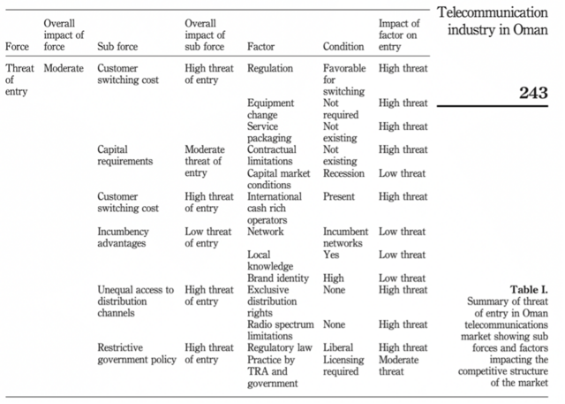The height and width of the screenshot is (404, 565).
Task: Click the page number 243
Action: click(533, 93)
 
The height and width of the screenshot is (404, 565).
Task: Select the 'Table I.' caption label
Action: click(529, 290)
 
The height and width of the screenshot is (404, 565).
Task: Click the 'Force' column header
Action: click(17, 47)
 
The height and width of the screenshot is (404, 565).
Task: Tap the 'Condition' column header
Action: click(343, 47)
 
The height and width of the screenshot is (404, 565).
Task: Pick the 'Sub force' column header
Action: click(117, 47)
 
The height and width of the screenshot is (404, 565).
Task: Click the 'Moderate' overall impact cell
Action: click(64, 68)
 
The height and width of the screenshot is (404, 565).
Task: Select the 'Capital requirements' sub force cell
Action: click(125, 155)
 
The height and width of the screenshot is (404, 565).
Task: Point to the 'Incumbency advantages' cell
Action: click(123, 237)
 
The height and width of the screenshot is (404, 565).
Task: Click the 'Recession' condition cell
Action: click(343, 173)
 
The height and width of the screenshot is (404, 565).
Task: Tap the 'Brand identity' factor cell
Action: click(278, 278)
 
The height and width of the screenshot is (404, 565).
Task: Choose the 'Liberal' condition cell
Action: click(338, 347)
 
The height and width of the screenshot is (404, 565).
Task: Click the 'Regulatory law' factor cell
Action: click(280, 347)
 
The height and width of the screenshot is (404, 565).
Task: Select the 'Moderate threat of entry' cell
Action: click(205, 161)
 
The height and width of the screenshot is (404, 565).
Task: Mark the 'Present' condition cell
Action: click(339, 196)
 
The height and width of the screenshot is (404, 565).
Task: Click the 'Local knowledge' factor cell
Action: click(270, 261)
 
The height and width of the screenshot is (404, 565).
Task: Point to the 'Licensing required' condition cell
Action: click(343, 365)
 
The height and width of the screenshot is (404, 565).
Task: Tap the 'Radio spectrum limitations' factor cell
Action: click(281, 330)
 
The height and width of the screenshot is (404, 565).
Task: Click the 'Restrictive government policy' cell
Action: click(137, 354)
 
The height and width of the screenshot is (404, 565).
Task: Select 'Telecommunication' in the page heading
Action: click(493, 12)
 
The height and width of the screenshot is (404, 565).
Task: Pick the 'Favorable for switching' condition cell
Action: click(344, 80)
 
